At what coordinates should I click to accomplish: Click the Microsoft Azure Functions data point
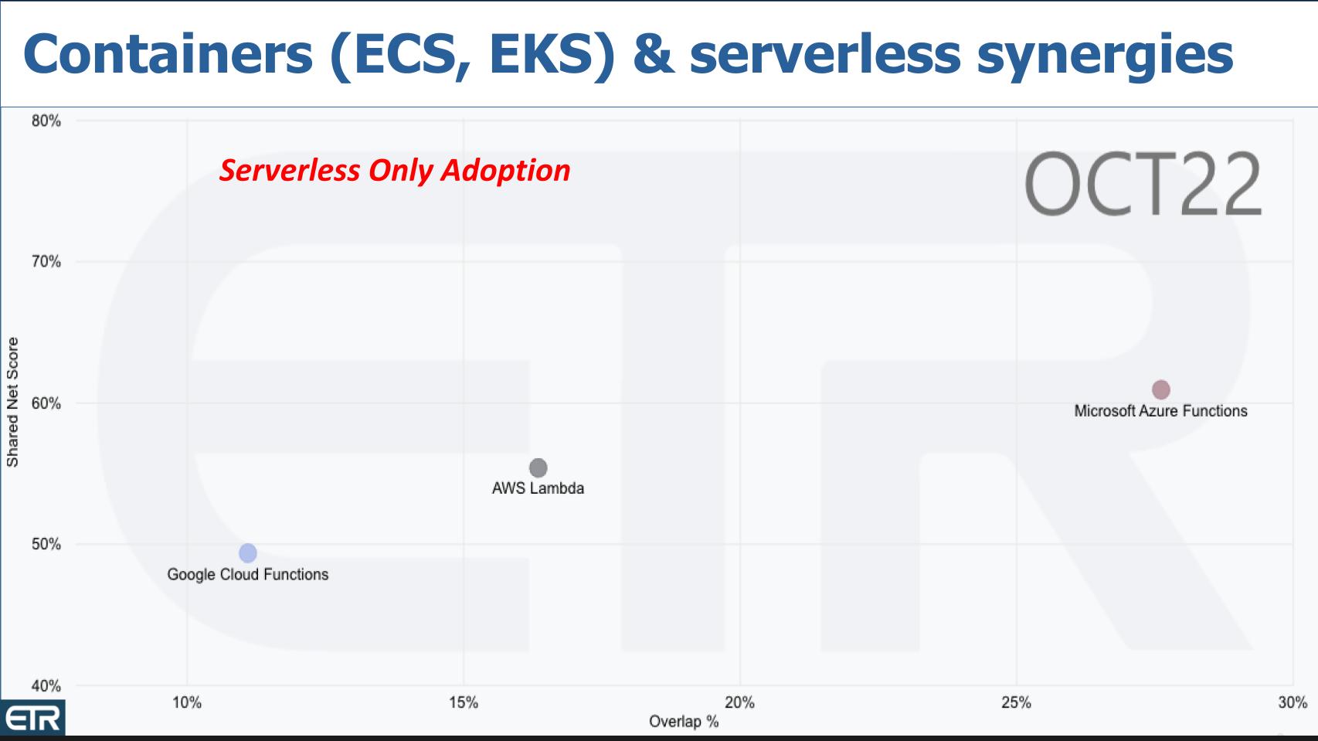tap(1160, 389)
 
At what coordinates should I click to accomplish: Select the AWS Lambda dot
tap(538, 467)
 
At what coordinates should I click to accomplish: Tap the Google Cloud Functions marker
tap(247, 553)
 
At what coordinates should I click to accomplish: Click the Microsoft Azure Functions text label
tap(1160, 411)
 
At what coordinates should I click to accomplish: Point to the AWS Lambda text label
tap(538, 488)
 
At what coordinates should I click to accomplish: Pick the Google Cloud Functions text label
tap(248, 575)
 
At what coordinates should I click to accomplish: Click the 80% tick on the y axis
tap(46, 121)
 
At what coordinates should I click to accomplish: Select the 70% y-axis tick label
tap(46, 262)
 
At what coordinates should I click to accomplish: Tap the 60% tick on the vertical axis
tap(46, 403)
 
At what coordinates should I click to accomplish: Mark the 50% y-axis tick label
tap(46, 544)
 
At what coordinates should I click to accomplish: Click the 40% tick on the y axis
tap(46, 685)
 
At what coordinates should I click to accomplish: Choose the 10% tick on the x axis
tap(187, 702)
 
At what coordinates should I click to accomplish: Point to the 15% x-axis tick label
tap(464, 702)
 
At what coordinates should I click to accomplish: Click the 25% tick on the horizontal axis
tap(1016, 702)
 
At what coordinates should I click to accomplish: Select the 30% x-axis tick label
tap(1293, 702)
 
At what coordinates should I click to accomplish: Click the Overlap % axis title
tap(684, 722)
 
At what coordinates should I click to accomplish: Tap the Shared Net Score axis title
tap(12, 403)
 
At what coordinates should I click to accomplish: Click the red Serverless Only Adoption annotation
tap(395, 171)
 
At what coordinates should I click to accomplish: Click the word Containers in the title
tap(168, 54)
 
